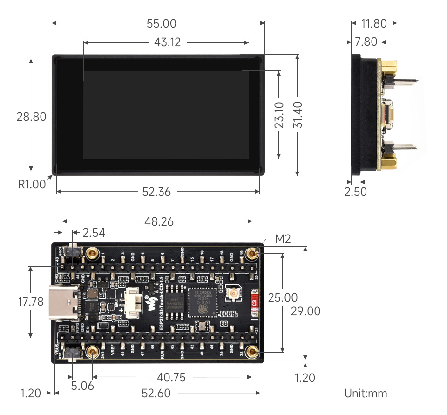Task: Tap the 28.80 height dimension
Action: point(32,116)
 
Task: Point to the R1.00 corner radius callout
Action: point(32,184)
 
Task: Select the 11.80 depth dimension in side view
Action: point(373,23)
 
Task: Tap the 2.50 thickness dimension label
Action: point(355,192)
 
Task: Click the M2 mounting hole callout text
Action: point(283,239)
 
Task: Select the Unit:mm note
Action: point(366,393)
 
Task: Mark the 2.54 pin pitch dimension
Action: point(94,232)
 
